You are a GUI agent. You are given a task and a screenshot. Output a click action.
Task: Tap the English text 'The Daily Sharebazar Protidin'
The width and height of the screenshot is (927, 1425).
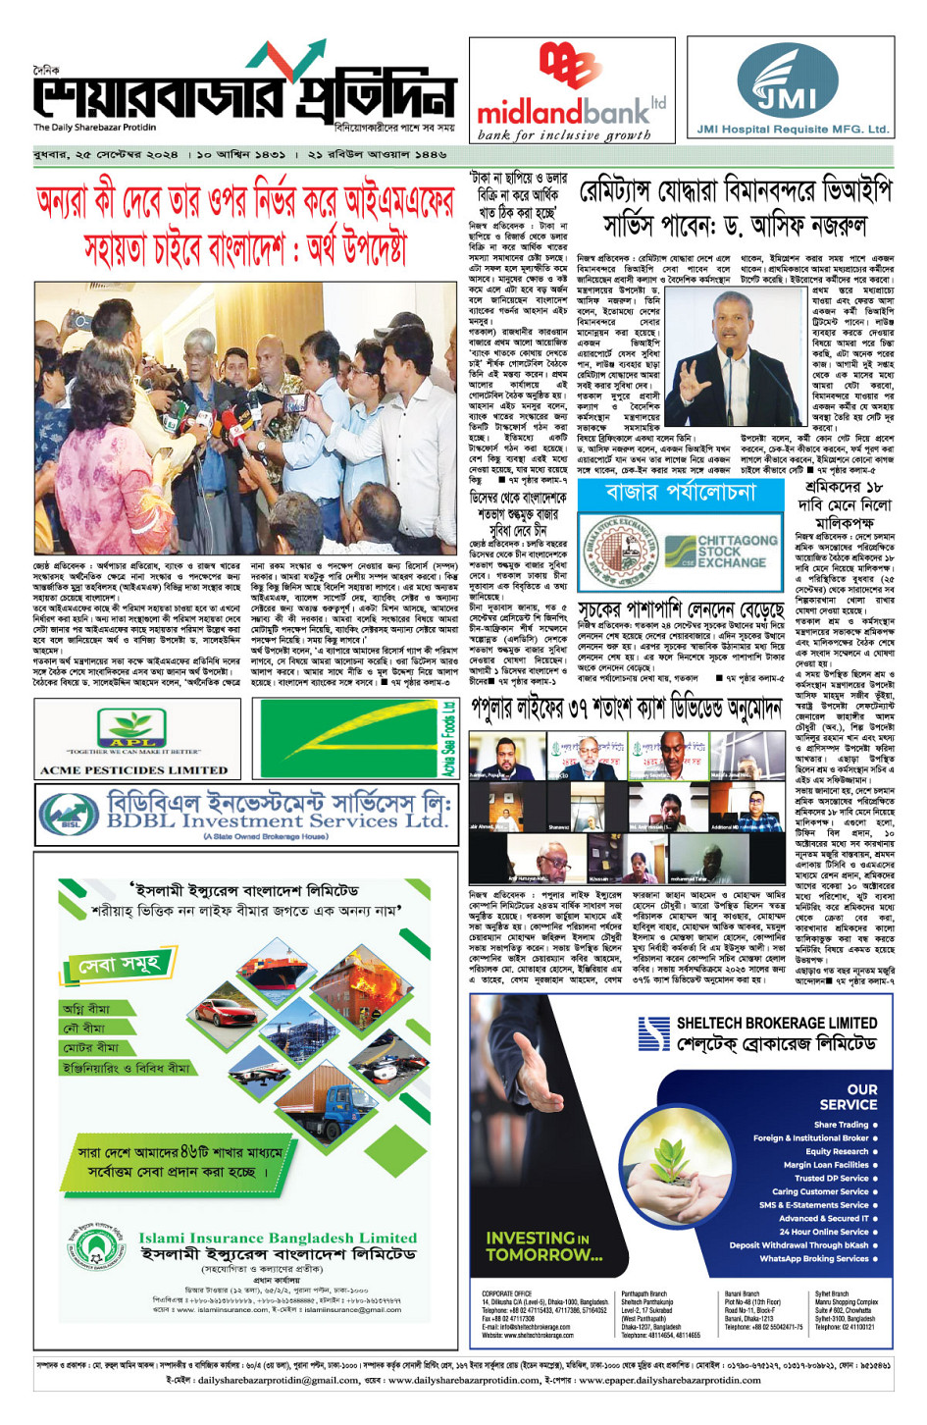coord(94,128)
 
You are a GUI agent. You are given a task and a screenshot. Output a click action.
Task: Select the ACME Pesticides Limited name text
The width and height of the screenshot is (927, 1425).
coord(133,770)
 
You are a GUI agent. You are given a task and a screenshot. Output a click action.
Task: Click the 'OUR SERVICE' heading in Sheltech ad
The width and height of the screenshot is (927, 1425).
coord(849,1096)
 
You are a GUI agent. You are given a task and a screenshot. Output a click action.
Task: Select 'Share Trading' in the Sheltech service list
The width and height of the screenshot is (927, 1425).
coord(841,1125)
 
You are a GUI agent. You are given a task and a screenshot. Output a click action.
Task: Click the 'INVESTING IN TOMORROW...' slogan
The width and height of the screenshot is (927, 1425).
coord(543,1246)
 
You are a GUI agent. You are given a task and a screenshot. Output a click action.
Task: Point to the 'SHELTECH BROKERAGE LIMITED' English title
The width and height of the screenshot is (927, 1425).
coord(777,1023)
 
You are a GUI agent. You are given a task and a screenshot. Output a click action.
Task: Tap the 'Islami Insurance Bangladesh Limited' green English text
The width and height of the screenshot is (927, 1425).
coord(278,1238)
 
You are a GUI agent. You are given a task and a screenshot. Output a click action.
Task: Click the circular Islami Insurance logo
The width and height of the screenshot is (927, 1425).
coord(95,1247)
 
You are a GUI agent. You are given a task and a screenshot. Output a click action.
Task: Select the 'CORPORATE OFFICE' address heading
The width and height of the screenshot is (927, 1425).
coord(506,1293)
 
